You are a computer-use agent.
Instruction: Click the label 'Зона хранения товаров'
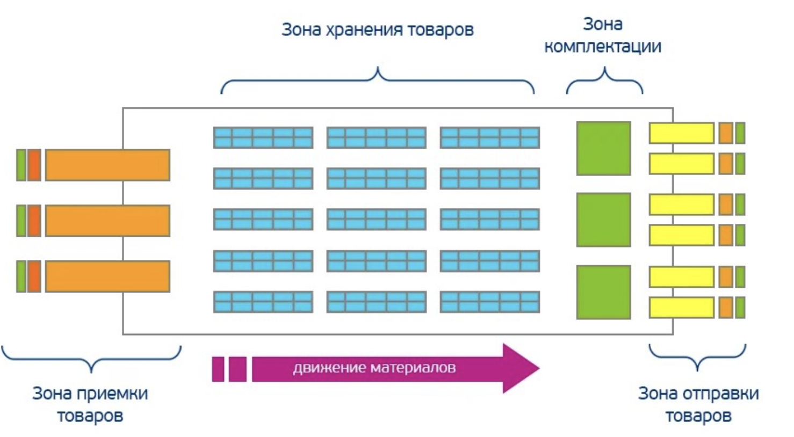(377, 30)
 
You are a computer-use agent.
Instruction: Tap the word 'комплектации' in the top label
(602, 47)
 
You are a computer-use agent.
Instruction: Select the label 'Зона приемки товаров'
(90, 404)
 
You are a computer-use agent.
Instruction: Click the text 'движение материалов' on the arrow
(374, 368)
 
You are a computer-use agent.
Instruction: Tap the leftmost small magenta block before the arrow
(218, 369)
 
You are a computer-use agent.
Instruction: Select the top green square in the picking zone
(603, 148)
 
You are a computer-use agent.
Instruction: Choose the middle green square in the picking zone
(603, 220)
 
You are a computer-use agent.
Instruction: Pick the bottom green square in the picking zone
(603, 292)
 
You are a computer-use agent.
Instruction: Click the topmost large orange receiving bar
(107, 165)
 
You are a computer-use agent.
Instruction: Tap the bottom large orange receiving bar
(107, 276)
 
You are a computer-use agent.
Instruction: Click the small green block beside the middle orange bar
(21, 221)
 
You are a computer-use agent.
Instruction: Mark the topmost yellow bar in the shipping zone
(681, 133)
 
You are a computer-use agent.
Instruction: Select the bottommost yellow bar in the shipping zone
(681, 308)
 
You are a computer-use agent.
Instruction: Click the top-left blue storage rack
(263, 137)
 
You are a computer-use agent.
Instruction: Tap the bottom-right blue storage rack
(489, 302)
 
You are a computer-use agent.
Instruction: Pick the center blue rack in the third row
(376, 220)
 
